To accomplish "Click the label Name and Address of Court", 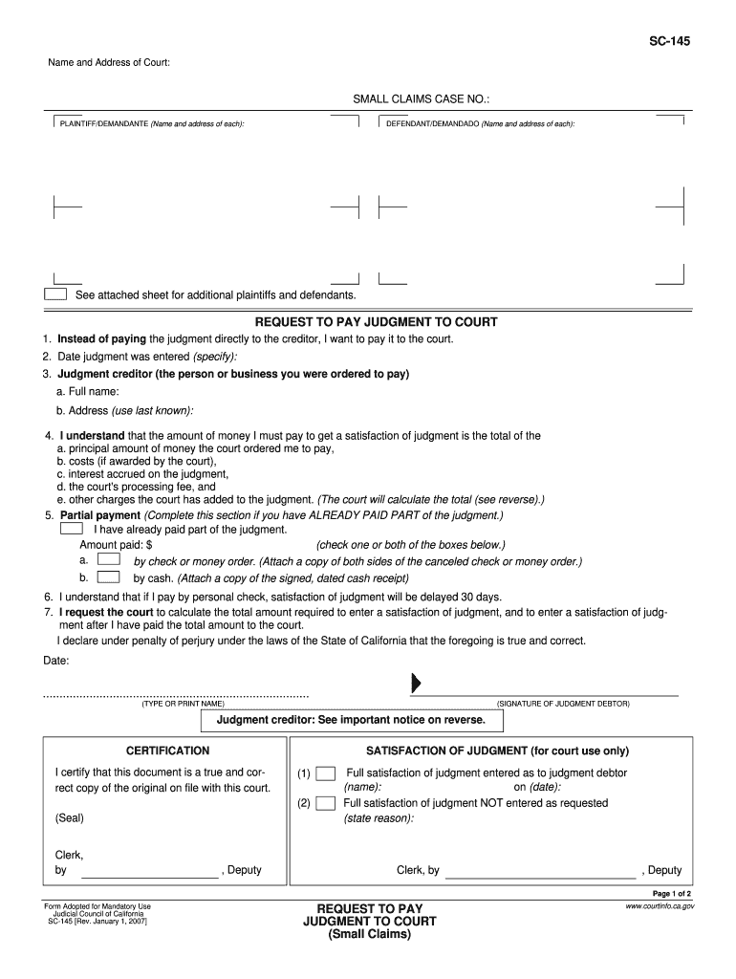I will click(x=109, y=63).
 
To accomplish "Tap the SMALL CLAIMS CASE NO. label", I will click(x=422, y=99).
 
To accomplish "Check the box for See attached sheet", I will click(x=56, y=294).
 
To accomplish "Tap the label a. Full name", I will click(x=88, y=392).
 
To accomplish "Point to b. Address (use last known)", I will click(x=125, y=410).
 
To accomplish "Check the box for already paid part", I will click(x=72, y=528).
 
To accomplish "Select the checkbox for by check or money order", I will click(x=110, y=560).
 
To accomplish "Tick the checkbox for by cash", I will click(x=110, y=577).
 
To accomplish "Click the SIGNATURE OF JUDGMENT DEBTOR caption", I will click(x=563, y=704).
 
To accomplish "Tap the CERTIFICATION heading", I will click(x=167, y=751).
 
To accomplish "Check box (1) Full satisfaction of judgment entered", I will click(x=325, y=773).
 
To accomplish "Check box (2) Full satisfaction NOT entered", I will click(x=325, y=803).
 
